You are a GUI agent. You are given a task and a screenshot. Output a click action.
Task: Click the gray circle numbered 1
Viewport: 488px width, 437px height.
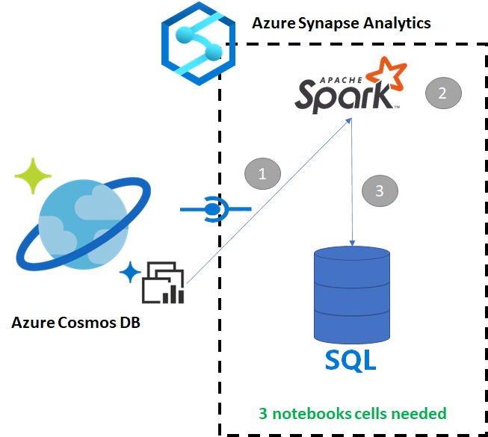(x=262, y=174)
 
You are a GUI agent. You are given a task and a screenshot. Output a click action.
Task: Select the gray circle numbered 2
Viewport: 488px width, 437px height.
(x=443, y=93)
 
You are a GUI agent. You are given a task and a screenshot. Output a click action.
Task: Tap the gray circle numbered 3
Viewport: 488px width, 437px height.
(x=380, y=190)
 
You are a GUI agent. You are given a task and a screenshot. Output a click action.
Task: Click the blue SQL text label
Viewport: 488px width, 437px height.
(x=351, y=361)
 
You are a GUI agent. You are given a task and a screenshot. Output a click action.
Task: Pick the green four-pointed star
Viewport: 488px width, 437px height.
(x=33, y=177)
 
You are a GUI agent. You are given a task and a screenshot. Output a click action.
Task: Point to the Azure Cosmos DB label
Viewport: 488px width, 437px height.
(x=75, y=323)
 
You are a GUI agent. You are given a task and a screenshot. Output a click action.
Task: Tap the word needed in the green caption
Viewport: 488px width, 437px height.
(x=420, y=413)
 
